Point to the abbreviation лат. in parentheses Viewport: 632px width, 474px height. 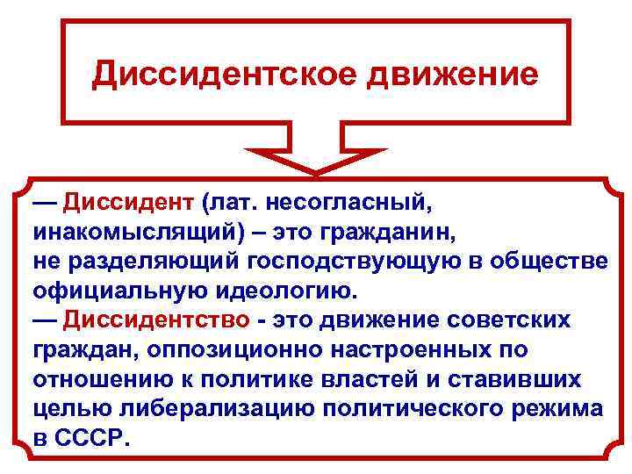229,204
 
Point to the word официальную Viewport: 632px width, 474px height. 113,291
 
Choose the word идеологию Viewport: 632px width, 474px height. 277,291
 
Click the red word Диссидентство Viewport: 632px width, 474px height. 153,320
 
